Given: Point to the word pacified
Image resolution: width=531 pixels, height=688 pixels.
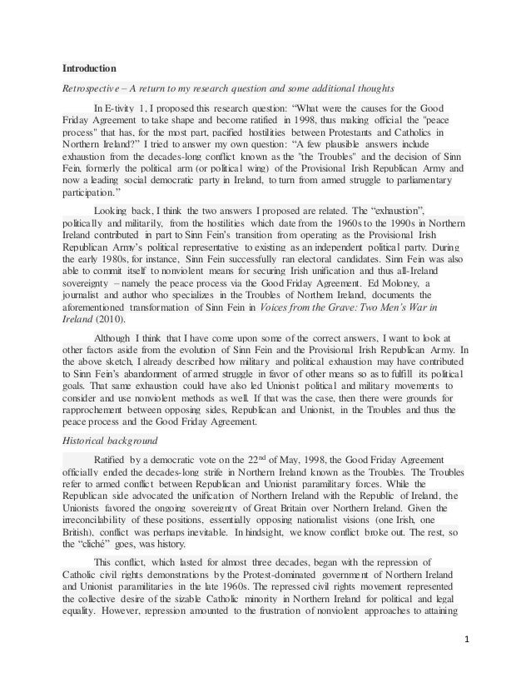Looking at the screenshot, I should [257, 131].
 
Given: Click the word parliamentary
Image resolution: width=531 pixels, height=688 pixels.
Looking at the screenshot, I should [419, 178].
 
